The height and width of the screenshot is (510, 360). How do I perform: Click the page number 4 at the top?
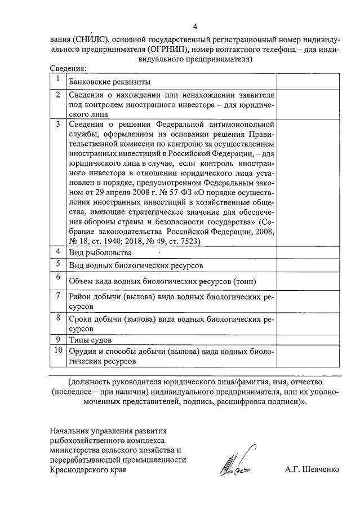tap(195, 26)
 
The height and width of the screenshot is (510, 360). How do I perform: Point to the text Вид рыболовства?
tap(101, 252)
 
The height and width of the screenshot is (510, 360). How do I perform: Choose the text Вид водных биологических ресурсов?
tap(135, 265)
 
